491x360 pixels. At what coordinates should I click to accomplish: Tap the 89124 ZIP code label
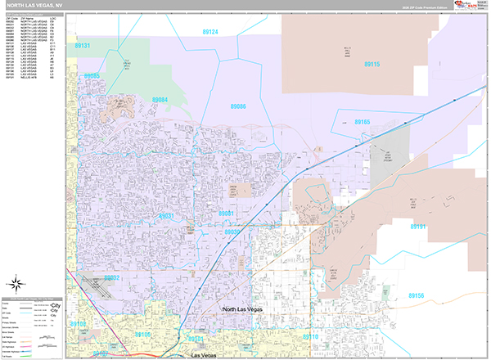(x=210, y=31)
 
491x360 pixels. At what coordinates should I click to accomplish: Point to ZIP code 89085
(x=92, y=75)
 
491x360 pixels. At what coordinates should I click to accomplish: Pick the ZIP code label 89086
(x=238, y=106)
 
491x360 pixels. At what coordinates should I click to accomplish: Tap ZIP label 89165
(x=363, y=121)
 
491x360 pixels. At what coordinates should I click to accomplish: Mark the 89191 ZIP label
(x=418, y=227)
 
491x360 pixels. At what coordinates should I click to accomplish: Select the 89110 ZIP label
(x=310, y=336)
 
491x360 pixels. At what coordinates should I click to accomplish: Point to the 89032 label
(x=111, y=277)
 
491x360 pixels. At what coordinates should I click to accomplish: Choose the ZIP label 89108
(x=78, y=324)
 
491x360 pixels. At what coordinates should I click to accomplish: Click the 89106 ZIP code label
(x=143, y=335)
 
